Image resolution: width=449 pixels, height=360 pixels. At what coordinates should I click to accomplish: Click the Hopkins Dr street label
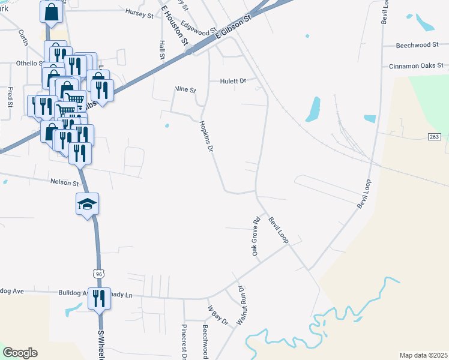[x=206, y=136]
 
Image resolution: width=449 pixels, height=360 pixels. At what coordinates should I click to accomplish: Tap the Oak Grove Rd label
[x=256, y=236]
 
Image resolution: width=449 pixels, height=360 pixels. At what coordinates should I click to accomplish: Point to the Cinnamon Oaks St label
[x=416, y=65]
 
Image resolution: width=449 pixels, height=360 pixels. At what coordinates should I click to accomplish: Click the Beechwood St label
[x=420, y=45]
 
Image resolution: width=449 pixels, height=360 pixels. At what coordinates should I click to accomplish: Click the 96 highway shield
[x=98, y=274]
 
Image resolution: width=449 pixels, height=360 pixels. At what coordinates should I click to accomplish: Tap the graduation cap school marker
[x=88, y=204]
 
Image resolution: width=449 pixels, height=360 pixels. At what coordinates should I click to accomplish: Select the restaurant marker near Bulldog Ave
[x=99, y=298]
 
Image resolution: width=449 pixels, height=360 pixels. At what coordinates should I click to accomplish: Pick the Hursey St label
[x=139, y=13]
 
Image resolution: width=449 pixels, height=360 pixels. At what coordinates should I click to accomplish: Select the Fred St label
[x=10, y=97]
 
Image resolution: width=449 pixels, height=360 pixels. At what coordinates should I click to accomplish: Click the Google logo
[x=20, y=353]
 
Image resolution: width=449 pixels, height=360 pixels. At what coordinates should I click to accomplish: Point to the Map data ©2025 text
[x=424, y=355]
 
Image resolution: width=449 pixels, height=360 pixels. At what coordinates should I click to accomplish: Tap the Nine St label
[x=185, y=90]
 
